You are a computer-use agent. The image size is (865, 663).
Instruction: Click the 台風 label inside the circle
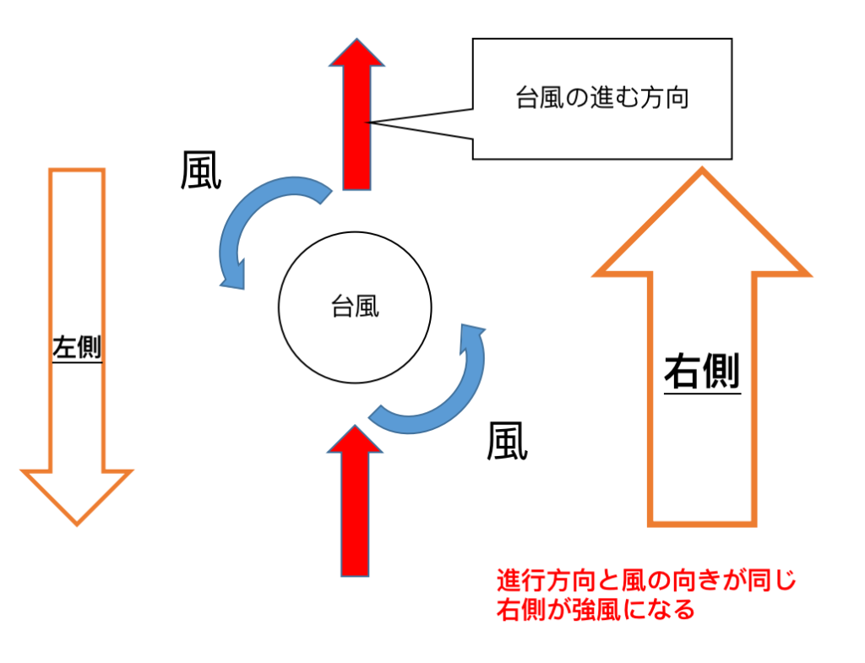point(356,307)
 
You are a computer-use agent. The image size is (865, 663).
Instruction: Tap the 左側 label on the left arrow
point(77,347)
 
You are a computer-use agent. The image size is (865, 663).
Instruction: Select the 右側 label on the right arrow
point(702,372)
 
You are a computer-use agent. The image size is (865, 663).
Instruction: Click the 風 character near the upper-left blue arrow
point(201,171)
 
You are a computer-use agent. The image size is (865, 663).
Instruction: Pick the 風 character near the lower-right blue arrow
point(507,441)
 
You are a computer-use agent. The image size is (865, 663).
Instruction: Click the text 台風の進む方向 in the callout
point(601,98)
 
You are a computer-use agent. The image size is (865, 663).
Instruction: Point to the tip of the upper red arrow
point(357,39)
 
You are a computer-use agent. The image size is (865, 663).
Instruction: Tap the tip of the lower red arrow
point(356,426)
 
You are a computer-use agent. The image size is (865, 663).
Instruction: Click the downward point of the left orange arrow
point(77,524)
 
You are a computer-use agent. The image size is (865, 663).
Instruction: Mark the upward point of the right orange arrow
point(702,168)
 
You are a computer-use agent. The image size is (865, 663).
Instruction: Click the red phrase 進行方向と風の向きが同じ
point(646,580)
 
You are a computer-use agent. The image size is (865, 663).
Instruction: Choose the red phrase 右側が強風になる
point(596,610)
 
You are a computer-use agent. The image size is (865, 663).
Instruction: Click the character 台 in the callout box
point(527,98)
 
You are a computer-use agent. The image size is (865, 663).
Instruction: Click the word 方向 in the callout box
point(665,98)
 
